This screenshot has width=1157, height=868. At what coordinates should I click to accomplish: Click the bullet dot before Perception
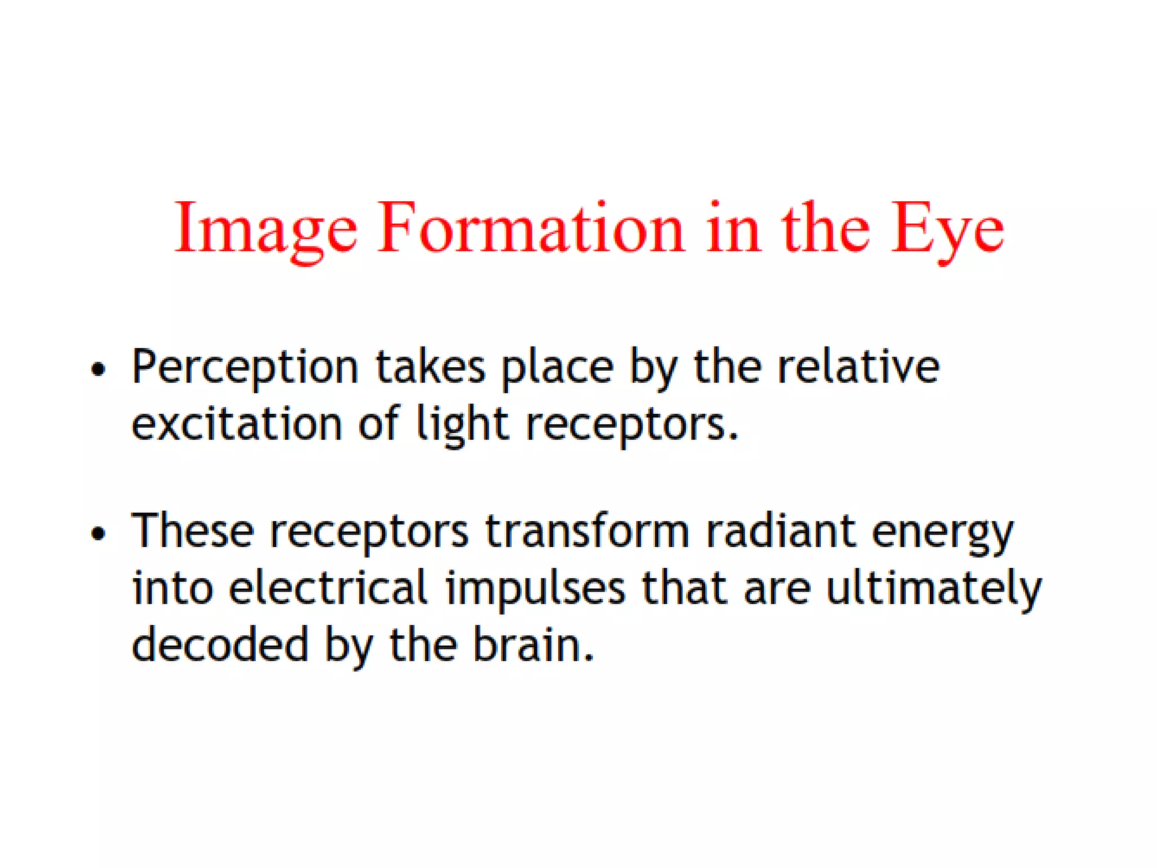pyautogui.click(x=98, y=370)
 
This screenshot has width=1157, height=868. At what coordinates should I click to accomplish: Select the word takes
pyautogui.click(x=430, y=367)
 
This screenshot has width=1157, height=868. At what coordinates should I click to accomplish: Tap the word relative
pyautogui.click(x=858, y=367)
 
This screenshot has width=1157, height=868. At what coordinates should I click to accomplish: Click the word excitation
pyautogui.click(x=237, y=424)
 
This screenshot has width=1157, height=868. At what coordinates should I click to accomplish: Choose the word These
pyautogui.click(x=193, y=531)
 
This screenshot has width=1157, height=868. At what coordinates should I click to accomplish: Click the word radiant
pyautogui.click(x=780, y=531)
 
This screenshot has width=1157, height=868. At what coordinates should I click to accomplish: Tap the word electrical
pyautogui.click(x=328, y=588)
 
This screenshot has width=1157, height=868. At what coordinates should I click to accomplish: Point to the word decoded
pyautogui.click(x=220, y=644)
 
